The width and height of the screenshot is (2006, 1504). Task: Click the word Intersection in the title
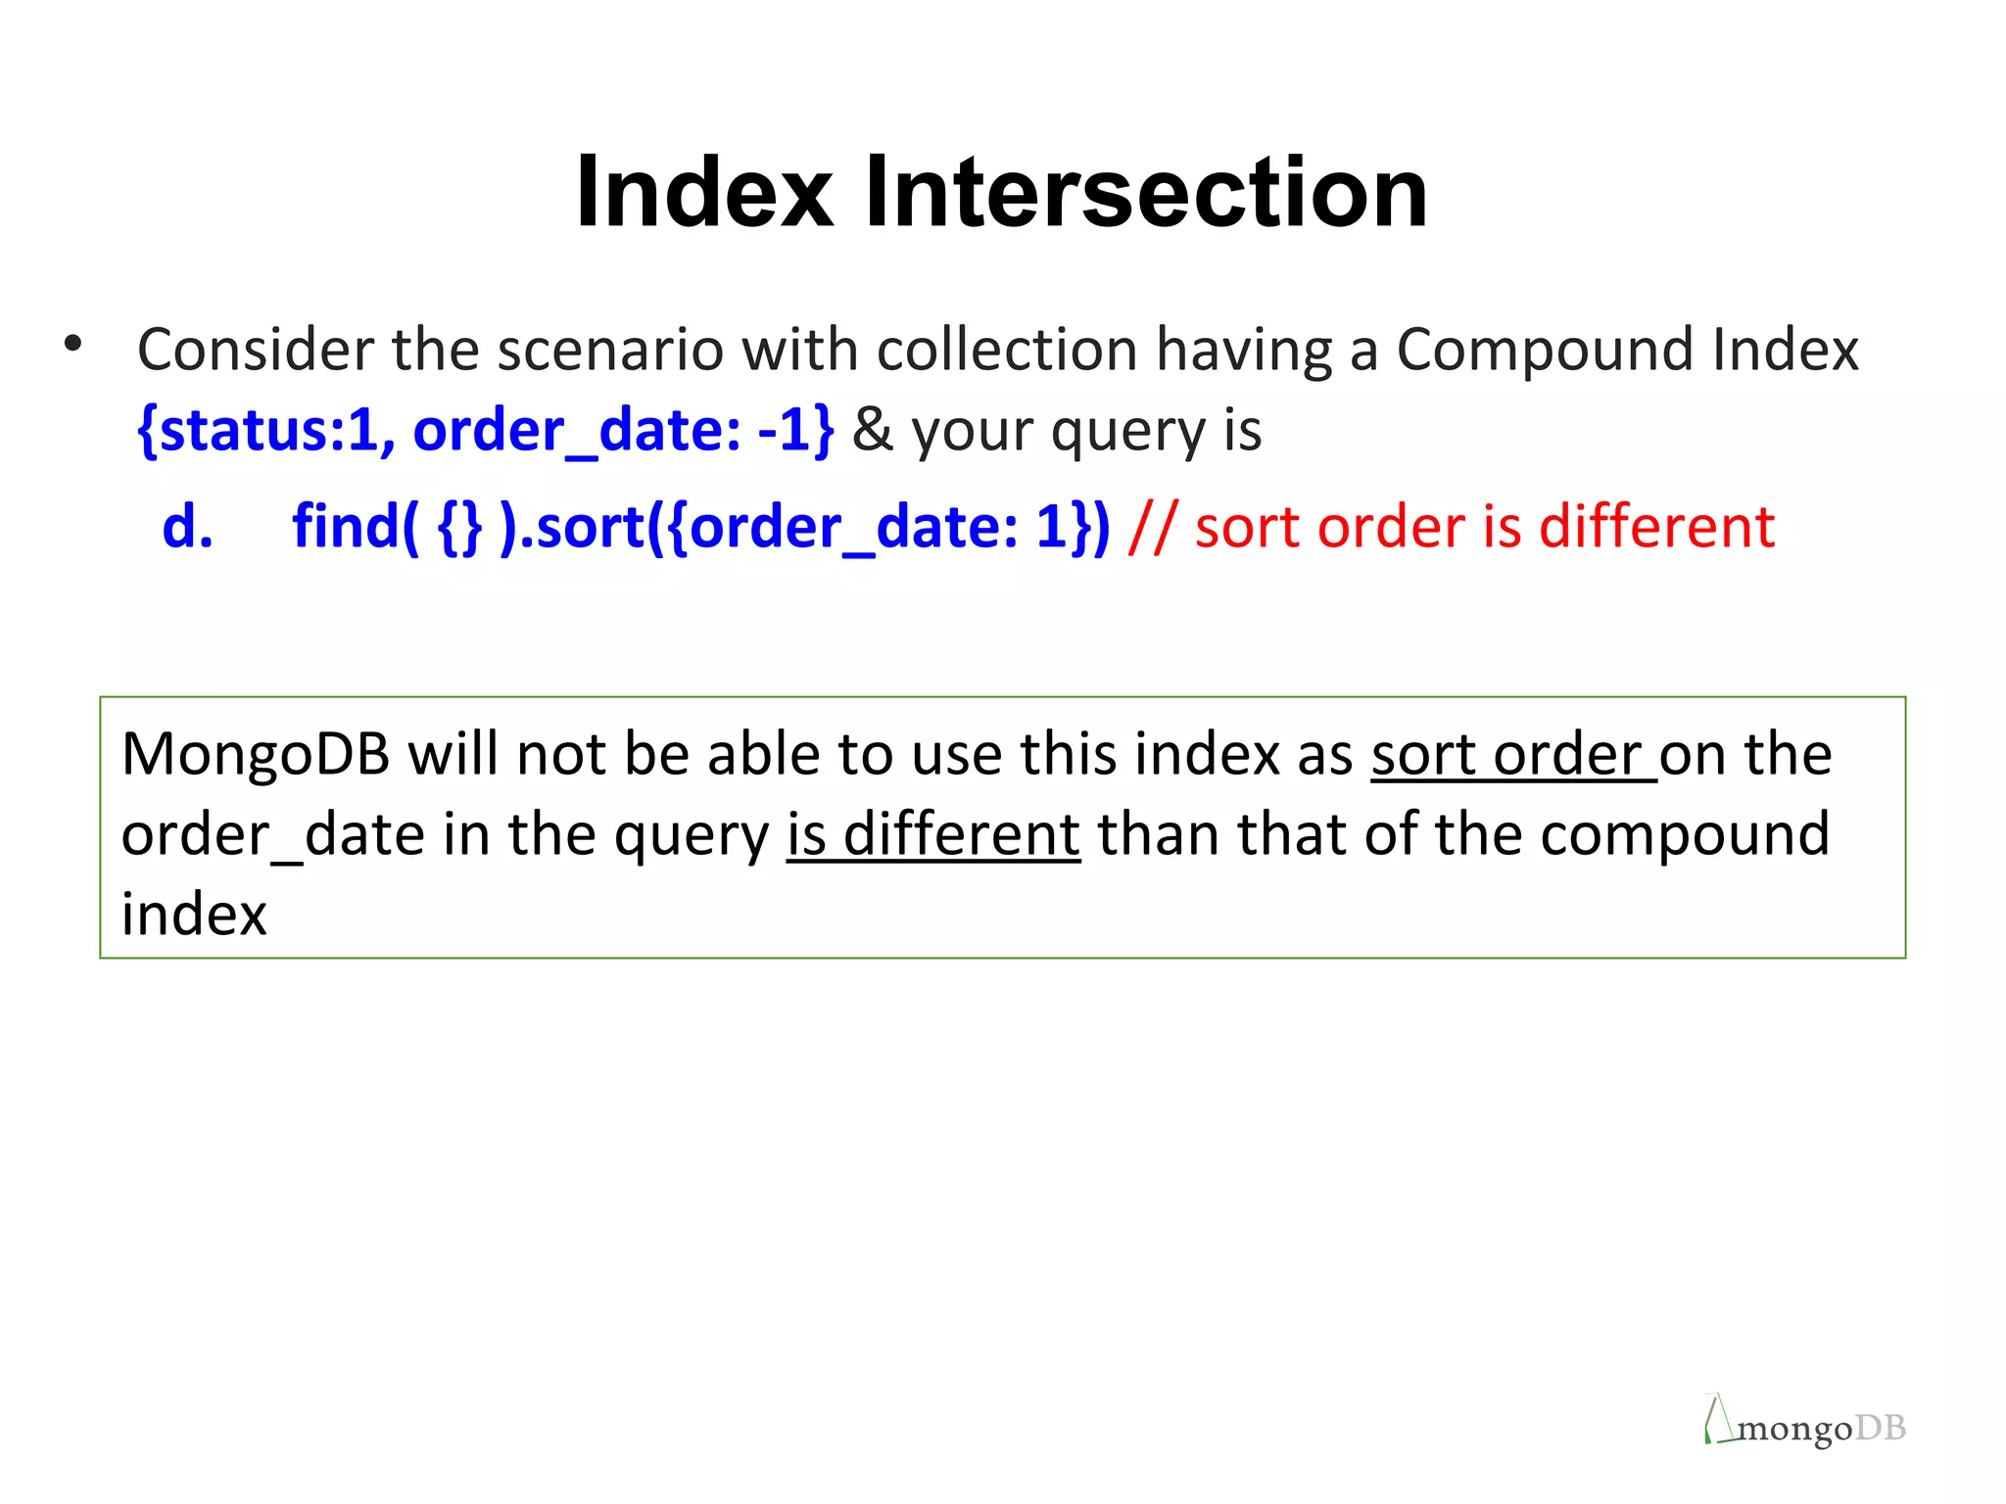1145,192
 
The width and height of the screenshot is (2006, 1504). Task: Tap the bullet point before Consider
72,344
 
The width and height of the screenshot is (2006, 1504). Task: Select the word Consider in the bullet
255,350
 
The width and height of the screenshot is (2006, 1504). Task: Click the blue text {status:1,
266,430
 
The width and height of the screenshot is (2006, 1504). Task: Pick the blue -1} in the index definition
796,430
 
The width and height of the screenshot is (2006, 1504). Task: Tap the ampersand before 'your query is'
872,430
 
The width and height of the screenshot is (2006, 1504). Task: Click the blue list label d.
187,526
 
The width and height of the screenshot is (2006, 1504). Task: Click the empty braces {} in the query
460,526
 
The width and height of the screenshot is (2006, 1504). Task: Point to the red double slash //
1153,526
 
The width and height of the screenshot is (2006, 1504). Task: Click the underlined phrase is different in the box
933,835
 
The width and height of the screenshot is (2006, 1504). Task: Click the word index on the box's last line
194,915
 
